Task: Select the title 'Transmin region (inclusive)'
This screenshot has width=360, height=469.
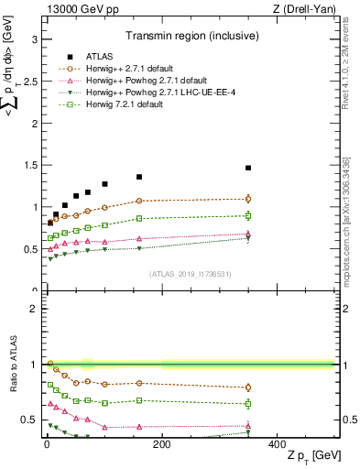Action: (x=190, y=38)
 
